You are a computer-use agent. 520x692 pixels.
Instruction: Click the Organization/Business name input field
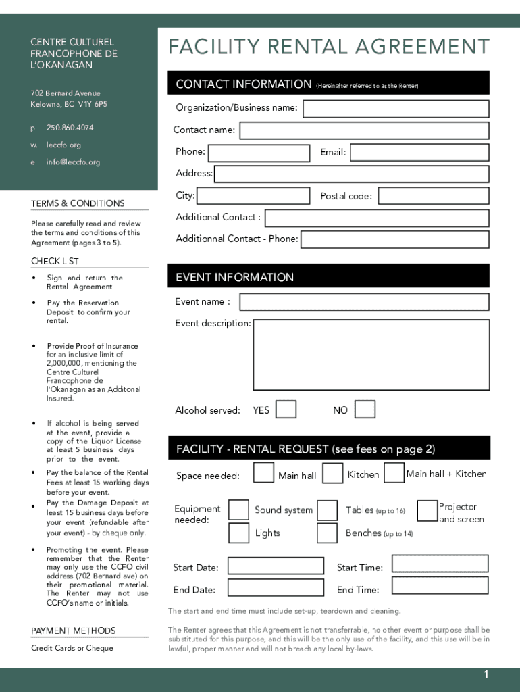click(x=395, y=109)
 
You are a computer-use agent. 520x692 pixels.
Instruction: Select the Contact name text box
click(x=364, y=130)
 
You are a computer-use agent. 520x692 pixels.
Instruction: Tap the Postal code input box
click(x=433, y=196)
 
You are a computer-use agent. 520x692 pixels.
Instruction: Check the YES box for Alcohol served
click(x=286, y=410)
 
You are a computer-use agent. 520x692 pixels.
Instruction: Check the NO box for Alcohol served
click(x=365, y=410)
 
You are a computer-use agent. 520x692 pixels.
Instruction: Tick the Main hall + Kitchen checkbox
click(x=394, y=473)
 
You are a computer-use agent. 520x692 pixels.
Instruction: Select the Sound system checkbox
click(x=238, y=510)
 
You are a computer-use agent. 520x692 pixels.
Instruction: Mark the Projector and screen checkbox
click(x=427, y=511)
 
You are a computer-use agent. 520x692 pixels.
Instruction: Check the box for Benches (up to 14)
click(x=327, y=533)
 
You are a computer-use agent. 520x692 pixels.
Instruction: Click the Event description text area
click(x=371, y=355)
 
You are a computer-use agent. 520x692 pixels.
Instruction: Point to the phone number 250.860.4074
click(x=70, y=128)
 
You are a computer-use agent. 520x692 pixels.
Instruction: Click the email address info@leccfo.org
click(x=73, y=162)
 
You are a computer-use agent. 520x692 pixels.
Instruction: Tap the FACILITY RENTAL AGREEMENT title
click(x=329, y=47)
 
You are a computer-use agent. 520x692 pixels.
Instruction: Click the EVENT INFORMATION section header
click(x=235, y=277)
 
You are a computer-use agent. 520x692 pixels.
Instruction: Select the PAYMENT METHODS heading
click(x=74, y=631)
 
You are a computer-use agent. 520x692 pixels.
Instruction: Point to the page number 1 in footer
click(x=485, y=674)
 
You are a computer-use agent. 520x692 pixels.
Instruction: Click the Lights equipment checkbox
click(x=238, y=533)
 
